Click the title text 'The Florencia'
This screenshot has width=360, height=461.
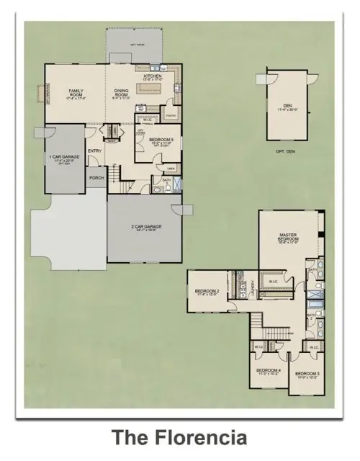pos(179,437)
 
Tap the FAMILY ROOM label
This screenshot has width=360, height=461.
pos(76,93)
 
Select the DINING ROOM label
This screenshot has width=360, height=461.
pos(122,93)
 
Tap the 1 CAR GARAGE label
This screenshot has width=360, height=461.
pos(63,158)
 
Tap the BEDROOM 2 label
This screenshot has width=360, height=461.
pos(207,292)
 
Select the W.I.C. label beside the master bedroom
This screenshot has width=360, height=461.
pos(274,281)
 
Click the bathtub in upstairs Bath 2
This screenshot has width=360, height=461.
pos(314,292)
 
